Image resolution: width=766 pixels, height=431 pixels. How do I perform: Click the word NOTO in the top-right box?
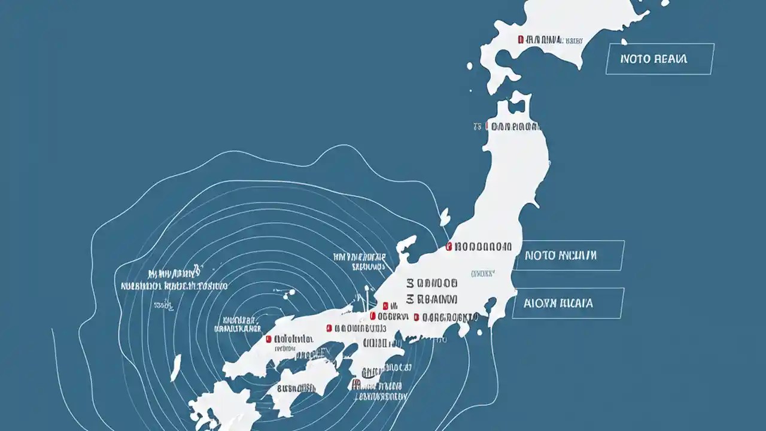click(x=634, y=59)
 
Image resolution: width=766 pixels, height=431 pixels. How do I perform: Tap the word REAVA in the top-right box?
click(x=671, y=59)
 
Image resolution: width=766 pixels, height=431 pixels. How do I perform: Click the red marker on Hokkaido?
click(x=521, y=40)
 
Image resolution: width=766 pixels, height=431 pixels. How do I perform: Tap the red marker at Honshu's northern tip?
click(x=488, y=126)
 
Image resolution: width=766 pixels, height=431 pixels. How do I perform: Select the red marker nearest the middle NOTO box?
click(x=449, y=246)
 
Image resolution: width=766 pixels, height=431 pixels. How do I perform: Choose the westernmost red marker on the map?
click(x=269, y=339)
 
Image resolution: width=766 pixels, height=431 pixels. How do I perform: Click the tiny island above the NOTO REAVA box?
click(x=624, y=42)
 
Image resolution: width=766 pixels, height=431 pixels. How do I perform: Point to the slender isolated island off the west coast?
click(x=175, y=368)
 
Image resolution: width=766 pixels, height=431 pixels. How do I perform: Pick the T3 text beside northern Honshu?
click(x=478, y=126)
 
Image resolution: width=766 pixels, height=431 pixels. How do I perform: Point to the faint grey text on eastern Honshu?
click(x=483, y=274)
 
